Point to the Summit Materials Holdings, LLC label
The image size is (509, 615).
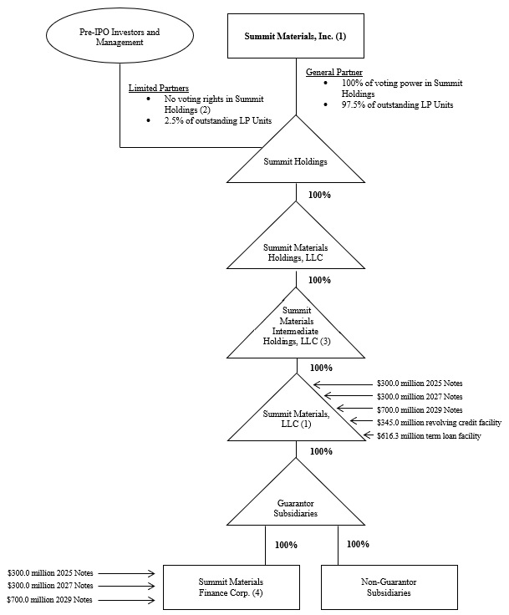point(296,252)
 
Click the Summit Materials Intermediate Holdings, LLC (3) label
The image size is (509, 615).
point(296,328)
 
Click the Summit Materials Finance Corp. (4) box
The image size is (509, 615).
point(231,587)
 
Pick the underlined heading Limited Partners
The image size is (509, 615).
point(158,88)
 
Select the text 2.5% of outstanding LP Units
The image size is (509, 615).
point(212,119)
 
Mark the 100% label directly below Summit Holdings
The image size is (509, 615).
point(319,195)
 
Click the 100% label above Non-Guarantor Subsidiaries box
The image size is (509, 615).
point(358,545)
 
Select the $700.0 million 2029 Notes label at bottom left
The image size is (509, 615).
point(50,601)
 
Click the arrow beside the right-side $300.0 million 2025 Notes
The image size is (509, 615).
point(342,384)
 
